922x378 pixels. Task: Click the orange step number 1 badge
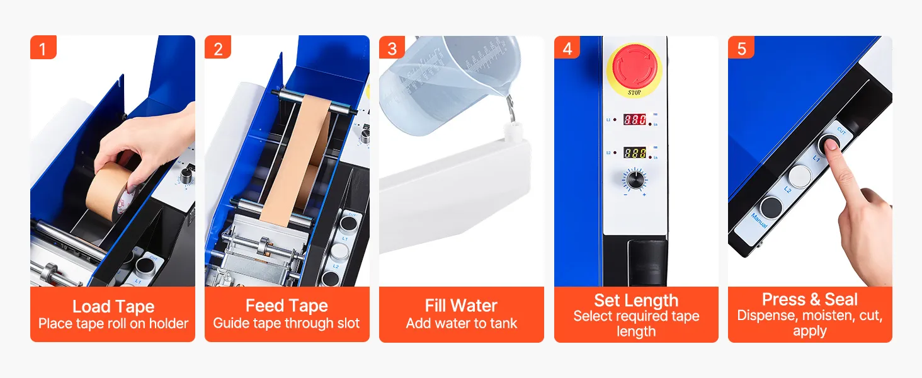(43, 47)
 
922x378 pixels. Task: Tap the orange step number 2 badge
(218, 47)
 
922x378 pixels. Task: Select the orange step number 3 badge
(392, 47)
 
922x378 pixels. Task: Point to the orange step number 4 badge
(567, 47)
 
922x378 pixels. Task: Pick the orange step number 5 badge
(741, 47)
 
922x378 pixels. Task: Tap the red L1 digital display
(634, 120)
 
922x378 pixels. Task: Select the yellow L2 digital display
(634, 152)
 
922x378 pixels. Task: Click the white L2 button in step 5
(799, 177)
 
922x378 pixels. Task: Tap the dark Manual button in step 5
(771, 207)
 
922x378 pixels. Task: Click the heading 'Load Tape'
(113, 306)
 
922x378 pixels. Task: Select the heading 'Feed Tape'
(287, 306)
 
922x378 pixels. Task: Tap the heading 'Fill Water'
(461, 306)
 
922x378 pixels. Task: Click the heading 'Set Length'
(636, 300)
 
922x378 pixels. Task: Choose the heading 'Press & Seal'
(810, 299)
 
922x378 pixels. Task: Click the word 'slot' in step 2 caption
(349, 323)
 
